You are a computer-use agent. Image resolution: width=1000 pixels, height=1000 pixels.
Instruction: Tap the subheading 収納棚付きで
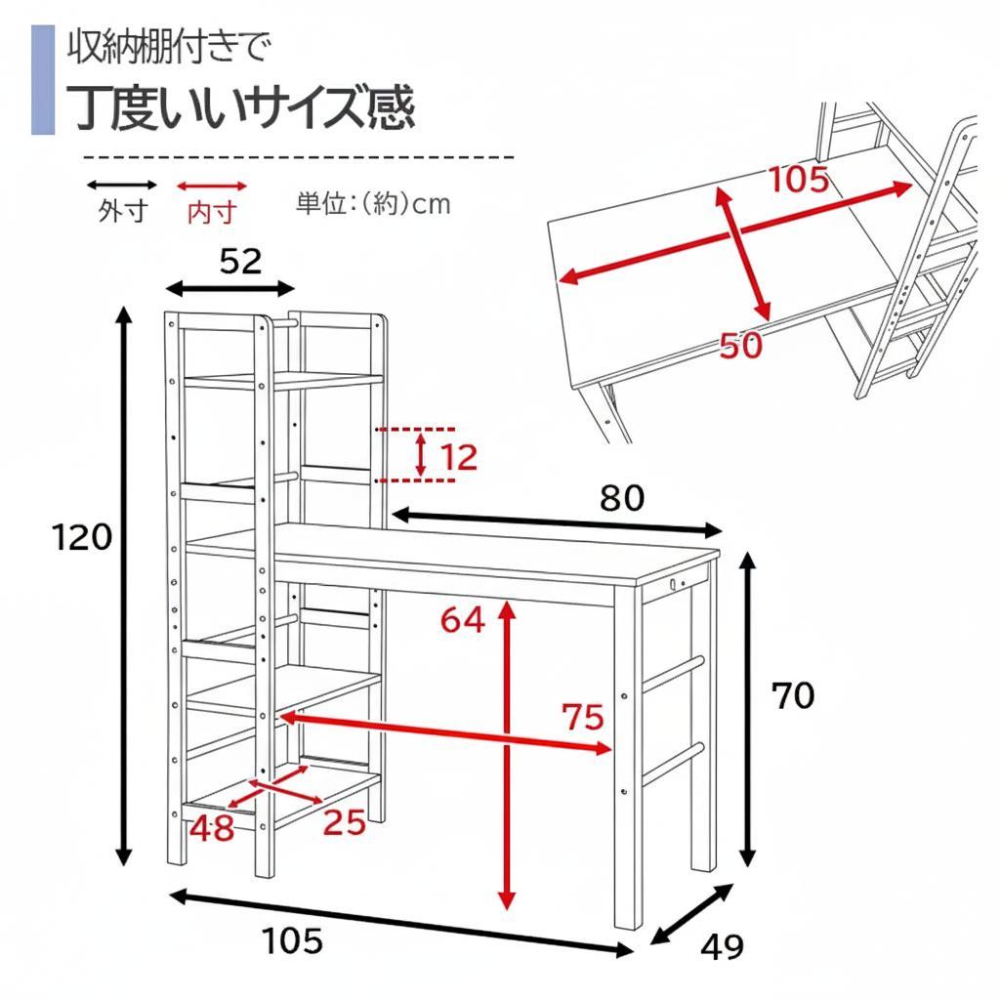[167, 46]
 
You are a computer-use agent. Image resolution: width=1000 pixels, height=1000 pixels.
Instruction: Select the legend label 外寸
[122, 211]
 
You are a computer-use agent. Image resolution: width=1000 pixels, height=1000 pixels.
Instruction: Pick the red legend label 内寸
[211, 211]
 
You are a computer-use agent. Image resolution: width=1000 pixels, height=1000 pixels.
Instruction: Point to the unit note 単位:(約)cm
[373, 204]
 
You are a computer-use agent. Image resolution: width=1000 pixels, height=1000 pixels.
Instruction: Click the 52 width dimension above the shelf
[240, 261]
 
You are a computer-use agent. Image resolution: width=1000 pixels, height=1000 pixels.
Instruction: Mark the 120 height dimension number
[84, 536]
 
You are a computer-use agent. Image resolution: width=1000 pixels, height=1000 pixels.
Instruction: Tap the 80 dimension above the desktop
[622, 498]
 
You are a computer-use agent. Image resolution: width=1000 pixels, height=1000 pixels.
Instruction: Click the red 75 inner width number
[583, 718]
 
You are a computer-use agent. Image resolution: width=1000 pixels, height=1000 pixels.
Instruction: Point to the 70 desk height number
[792, 696]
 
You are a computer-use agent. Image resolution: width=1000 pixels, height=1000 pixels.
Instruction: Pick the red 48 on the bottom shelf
[212, 828]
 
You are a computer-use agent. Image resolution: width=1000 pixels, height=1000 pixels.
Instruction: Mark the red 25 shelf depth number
[344, 823]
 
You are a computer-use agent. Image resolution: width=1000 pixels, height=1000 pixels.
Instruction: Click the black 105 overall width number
[292, 941]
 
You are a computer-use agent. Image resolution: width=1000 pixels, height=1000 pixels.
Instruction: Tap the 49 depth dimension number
[722, 946]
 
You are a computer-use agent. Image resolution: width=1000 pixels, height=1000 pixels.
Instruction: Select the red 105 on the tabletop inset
[798, 180]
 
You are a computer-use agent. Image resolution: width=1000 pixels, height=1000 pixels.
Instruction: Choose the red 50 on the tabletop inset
[740, 345]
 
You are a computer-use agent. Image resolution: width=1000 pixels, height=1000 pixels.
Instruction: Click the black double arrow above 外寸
[122, 185]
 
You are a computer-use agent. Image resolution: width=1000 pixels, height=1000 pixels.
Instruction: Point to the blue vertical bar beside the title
[42, 80]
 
